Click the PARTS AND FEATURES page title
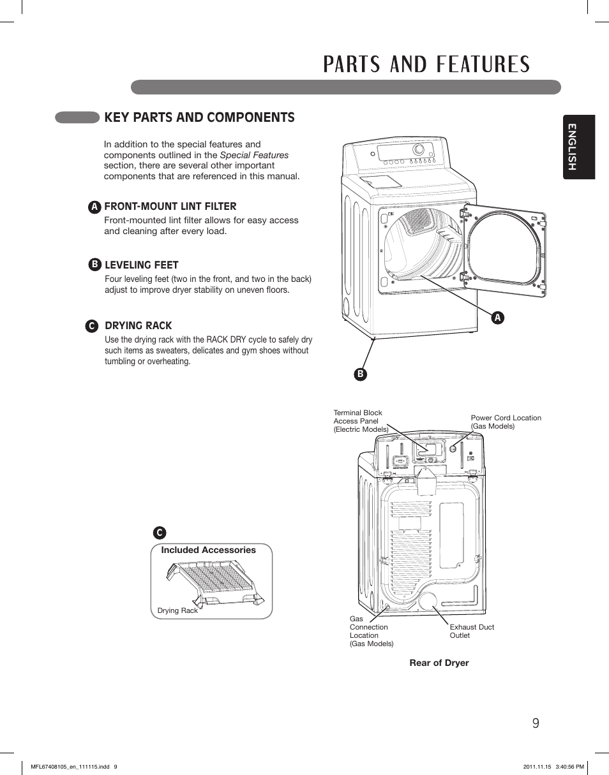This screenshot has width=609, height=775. click(426, 64)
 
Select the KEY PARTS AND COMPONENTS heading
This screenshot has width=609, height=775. click(199, 117)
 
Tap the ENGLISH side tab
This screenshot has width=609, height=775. click(578, 147)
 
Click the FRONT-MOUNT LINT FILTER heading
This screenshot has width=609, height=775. click(170, 206)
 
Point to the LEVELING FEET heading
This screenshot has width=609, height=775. click(141, 265)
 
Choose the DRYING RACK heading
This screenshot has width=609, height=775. click(138, 325)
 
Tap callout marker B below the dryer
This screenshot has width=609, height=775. click(360, 374)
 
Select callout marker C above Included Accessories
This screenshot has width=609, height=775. click(159, 533)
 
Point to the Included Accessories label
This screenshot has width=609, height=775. click(208, 550)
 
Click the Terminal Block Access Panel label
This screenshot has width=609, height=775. click(361, 421)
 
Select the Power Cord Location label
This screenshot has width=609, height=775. click(506, 422)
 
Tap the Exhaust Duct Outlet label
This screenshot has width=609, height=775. click(472, 631)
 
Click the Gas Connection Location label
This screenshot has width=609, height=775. click(371, 631)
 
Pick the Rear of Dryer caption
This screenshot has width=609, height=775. click(439, 663)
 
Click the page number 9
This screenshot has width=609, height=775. click(535, 723)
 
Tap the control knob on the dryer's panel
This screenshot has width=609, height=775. click(419, 150)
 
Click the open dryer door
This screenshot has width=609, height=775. click(505, 249)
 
